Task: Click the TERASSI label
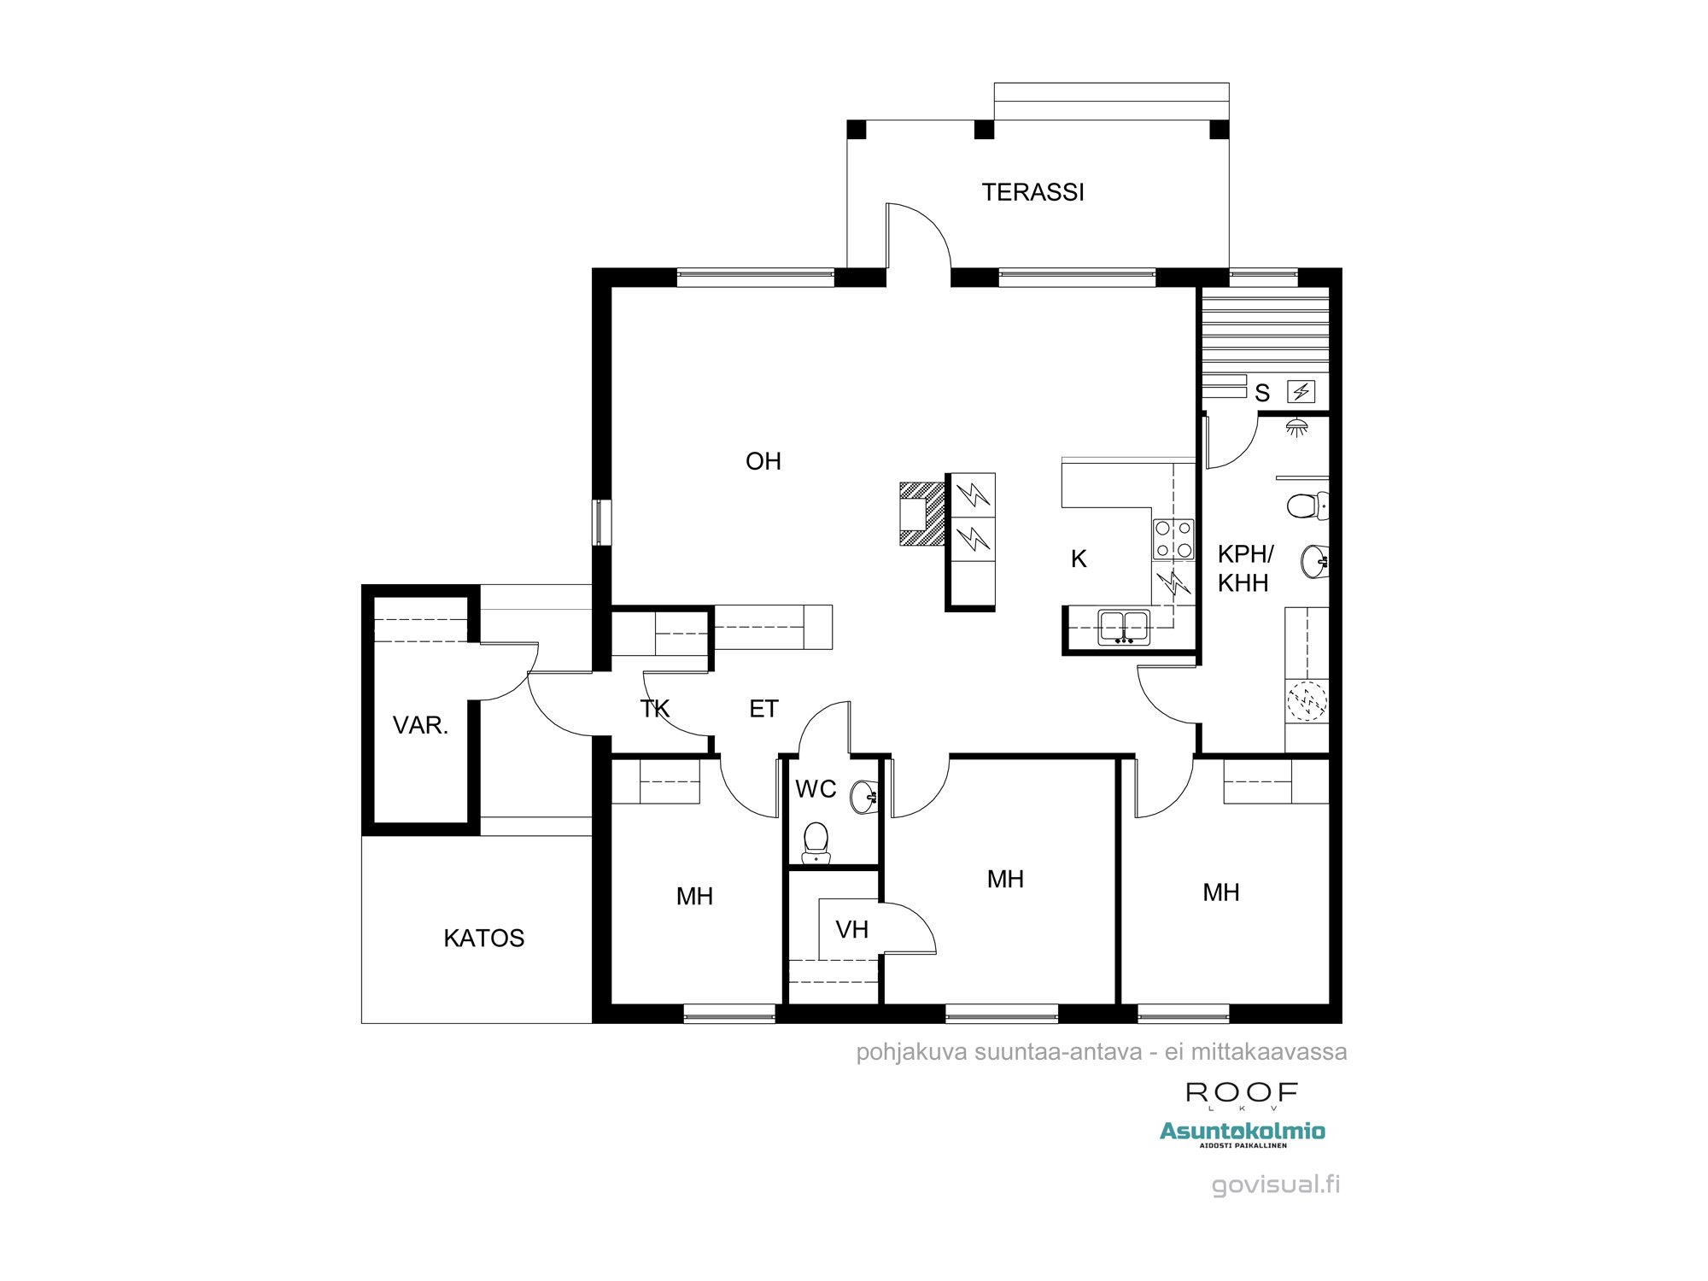click(1032, 192)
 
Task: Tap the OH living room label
click(763, 461)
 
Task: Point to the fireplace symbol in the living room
click(921, 513)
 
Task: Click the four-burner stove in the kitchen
click(1173, 539)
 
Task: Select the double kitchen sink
click(1124, 626)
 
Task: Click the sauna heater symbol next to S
click(1301, 392)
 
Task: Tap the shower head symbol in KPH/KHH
click(1297, 427)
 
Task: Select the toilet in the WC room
click(816, 842)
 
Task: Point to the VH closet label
click(851, 929)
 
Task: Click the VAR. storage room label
click(420, 726)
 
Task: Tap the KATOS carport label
click(483, 938)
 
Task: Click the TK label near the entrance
click(655, 709)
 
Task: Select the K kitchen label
click(1079, 559)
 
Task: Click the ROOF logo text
click(1242, 1091)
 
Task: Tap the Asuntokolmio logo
click(1242, 1132)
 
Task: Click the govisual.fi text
click(1275, 1184)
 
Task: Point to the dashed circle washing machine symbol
click(1307, 701)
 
